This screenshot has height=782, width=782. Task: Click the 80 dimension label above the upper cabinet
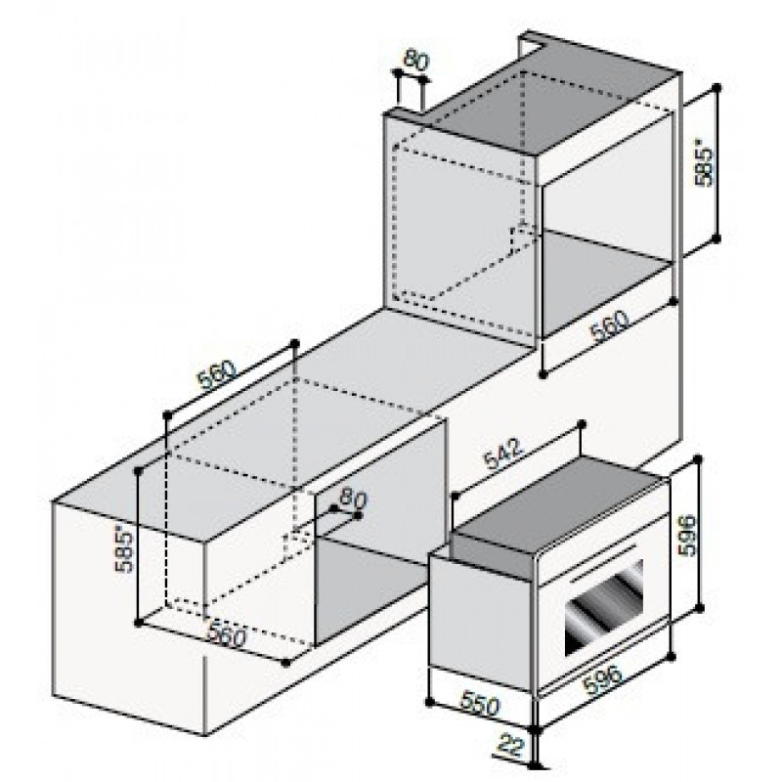pyautogui.click(x=416, y=61)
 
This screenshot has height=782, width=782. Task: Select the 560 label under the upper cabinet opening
pyautogui.click(x=610, y=326)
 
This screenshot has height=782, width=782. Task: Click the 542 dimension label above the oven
pyautogui.click(x=504, y=455)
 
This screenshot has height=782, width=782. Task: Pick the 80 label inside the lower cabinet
pyautogui.click(x=353, y=499)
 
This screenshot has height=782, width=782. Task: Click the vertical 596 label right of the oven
pyautogui.click(x=686, y=535)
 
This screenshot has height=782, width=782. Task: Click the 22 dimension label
pyautogui.click(x=511, y=747)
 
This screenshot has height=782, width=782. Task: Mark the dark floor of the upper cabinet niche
pyautogui.click(x=606, y=284)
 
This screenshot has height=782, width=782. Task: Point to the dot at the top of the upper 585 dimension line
pyautogui.click(x=717, y=88)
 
